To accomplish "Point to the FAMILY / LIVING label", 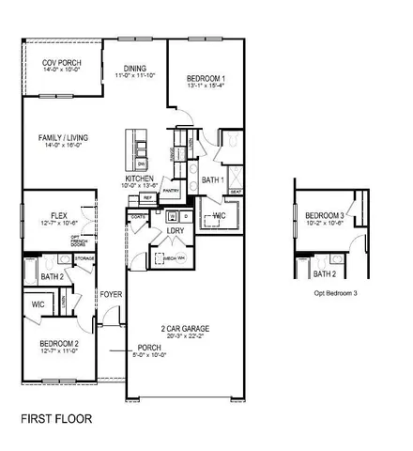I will [x=60, y=138].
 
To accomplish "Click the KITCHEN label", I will [x=139, y=178].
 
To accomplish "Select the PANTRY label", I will [x=171, y=191].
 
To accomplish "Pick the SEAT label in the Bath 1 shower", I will [x=237, y=192].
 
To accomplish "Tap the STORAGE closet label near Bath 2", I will [x=84, y=257].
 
